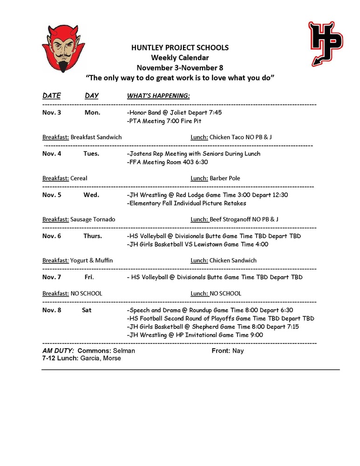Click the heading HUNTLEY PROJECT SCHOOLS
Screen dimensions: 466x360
point(180,48)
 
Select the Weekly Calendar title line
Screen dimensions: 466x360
point(180,58)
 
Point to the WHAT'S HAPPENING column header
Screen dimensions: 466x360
point(158,96)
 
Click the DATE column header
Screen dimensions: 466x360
point(52,96)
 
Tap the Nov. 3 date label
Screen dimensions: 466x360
point(52,112)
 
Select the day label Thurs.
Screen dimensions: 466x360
point(93,236)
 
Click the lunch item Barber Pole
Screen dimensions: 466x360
point(225,178)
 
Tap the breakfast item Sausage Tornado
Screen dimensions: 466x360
point(93,219)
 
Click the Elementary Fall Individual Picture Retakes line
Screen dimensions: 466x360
point(186,203)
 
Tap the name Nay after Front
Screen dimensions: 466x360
point(238,350)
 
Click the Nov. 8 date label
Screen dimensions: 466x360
point(52,310)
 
